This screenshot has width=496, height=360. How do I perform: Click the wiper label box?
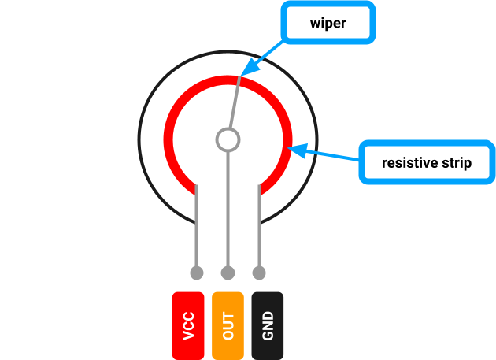(x=327, y=24)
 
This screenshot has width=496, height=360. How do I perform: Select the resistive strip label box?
(x=426, y=163)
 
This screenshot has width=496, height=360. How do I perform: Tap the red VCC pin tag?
(x=188, y=325)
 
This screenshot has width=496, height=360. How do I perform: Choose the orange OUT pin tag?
(x=228, y=325)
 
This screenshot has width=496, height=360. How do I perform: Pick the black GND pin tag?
(x=268, y=325)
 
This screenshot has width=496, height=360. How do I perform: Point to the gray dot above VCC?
(x=197, y=273)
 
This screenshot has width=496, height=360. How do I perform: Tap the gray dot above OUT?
(x=228, y=273)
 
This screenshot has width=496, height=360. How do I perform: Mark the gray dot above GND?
(x=259, y=273)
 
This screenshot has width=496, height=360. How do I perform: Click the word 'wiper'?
(x=327, y=24)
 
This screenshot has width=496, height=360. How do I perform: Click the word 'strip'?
(x=455, y=163)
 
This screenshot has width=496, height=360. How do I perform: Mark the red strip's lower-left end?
(x=190, y=187)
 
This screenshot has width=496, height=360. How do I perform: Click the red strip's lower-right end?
(x=265, y=187)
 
